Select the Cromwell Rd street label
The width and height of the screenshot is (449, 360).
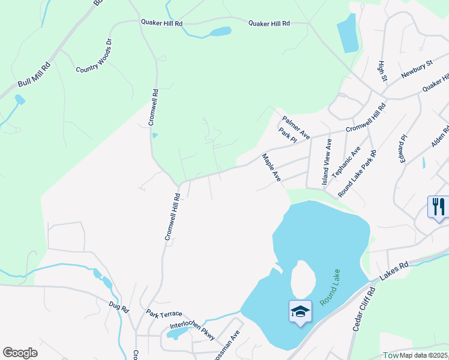tap(154, 107)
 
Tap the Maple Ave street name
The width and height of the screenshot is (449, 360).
tap(271, 167)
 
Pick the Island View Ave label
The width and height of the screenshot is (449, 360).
tap(327, 161)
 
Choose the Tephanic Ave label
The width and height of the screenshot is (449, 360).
tap(347, 161)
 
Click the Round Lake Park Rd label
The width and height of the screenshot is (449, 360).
tap(357, 173)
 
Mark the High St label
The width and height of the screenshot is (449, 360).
tap(382, 71)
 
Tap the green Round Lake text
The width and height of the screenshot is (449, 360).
tap(330, 287)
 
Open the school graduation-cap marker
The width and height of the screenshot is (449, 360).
tap(300, 312)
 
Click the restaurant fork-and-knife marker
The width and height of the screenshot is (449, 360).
tap(438, 208)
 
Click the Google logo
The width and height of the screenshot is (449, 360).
tap(20, 353)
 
